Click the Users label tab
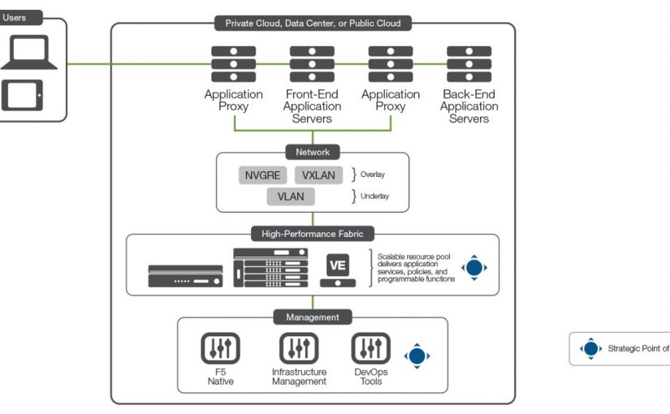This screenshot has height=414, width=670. (16, 17)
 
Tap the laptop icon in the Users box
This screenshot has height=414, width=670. (28, 55)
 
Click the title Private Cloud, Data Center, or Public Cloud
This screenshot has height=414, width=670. (313, 24)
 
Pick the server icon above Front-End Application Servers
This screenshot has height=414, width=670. (312, 63)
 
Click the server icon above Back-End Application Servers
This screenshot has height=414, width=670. (469, 63)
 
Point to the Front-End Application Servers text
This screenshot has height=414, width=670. (312, 106)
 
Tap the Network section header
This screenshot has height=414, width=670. (313, 152)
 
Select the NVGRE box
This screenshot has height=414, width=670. (262, 175)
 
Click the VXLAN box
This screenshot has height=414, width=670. (318, 175)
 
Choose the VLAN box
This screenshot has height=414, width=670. (290, 196)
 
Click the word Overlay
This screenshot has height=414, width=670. (372, 175)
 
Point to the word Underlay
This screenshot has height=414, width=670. (374, 196)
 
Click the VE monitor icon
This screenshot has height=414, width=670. (337, 269)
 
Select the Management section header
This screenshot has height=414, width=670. (313, 317)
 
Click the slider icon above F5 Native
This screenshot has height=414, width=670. (220, 349)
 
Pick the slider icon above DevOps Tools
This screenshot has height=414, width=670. (370, 349)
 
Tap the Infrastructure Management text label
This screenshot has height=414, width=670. (299, 376)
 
